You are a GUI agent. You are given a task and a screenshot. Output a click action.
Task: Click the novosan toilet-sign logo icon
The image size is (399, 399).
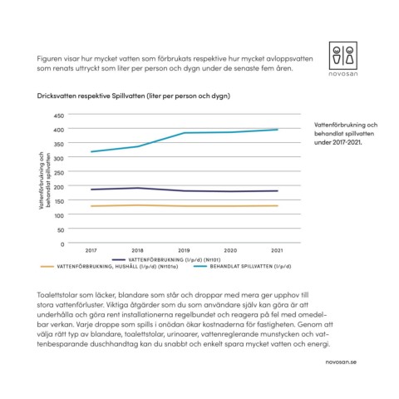click(x=343, y=56)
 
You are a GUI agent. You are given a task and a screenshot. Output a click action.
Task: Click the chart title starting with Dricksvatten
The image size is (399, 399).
click(x=134, y=96)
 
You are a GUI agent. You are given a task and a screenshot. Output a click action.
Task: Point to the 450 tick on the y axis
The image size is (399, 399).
click(x=59, y=116)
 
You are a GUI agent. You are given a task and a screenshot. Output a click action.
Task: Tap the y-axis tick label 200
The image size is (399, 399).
click(x=59, y=187)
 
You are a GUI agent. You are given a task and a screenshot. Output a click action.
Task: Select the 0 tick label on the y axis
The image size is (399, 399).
click(x=62, y=244)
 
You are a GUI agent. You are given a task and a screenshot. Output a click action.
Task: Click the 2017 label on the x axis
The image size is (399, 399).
click(x=91, y=250)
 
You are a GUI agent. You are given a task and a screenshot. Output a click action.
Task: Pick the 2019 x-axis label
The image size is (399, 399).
click(x=184, y=250)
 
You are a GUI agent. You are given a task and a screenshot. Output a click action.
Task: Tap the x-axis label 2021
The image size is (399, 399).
click(x=277, y=250)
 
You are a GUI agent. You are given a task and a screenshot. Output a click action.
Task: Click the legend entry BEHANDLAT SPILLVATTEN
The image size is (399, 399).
click(x=243, y=267)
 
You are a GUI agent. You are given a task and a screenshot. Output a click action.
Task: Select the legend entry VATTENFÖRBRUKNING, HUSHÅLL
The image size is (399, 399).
click(x=110, y=267)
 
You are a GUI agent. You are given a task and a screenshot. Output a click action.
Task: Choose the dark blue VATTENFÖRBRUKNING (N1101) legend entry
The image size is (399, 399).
click(x=166, y=260)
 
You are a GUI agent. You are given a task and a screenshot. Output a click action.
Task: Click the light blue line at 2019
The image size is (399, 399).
click(x=184, y=133)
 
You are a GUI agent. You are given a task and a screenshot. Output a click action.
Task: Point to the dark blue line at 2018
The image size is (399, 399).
click(x=137, y=188)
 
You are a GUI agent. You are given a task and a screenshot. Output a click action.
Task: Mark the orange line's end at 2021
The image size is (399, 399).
click(x=278, y=205)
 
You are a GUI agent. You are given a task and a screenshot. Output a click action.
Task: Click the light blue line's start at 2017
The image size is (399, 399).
click(x=91, y=151)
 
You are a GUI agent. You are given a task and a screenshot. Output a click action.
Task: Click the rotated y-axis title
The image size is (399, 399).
click(x=44, y=180)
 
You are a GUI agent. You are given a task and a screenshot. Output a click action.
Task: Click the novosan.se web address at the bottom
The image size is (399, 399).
click(x=341, y=362)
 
